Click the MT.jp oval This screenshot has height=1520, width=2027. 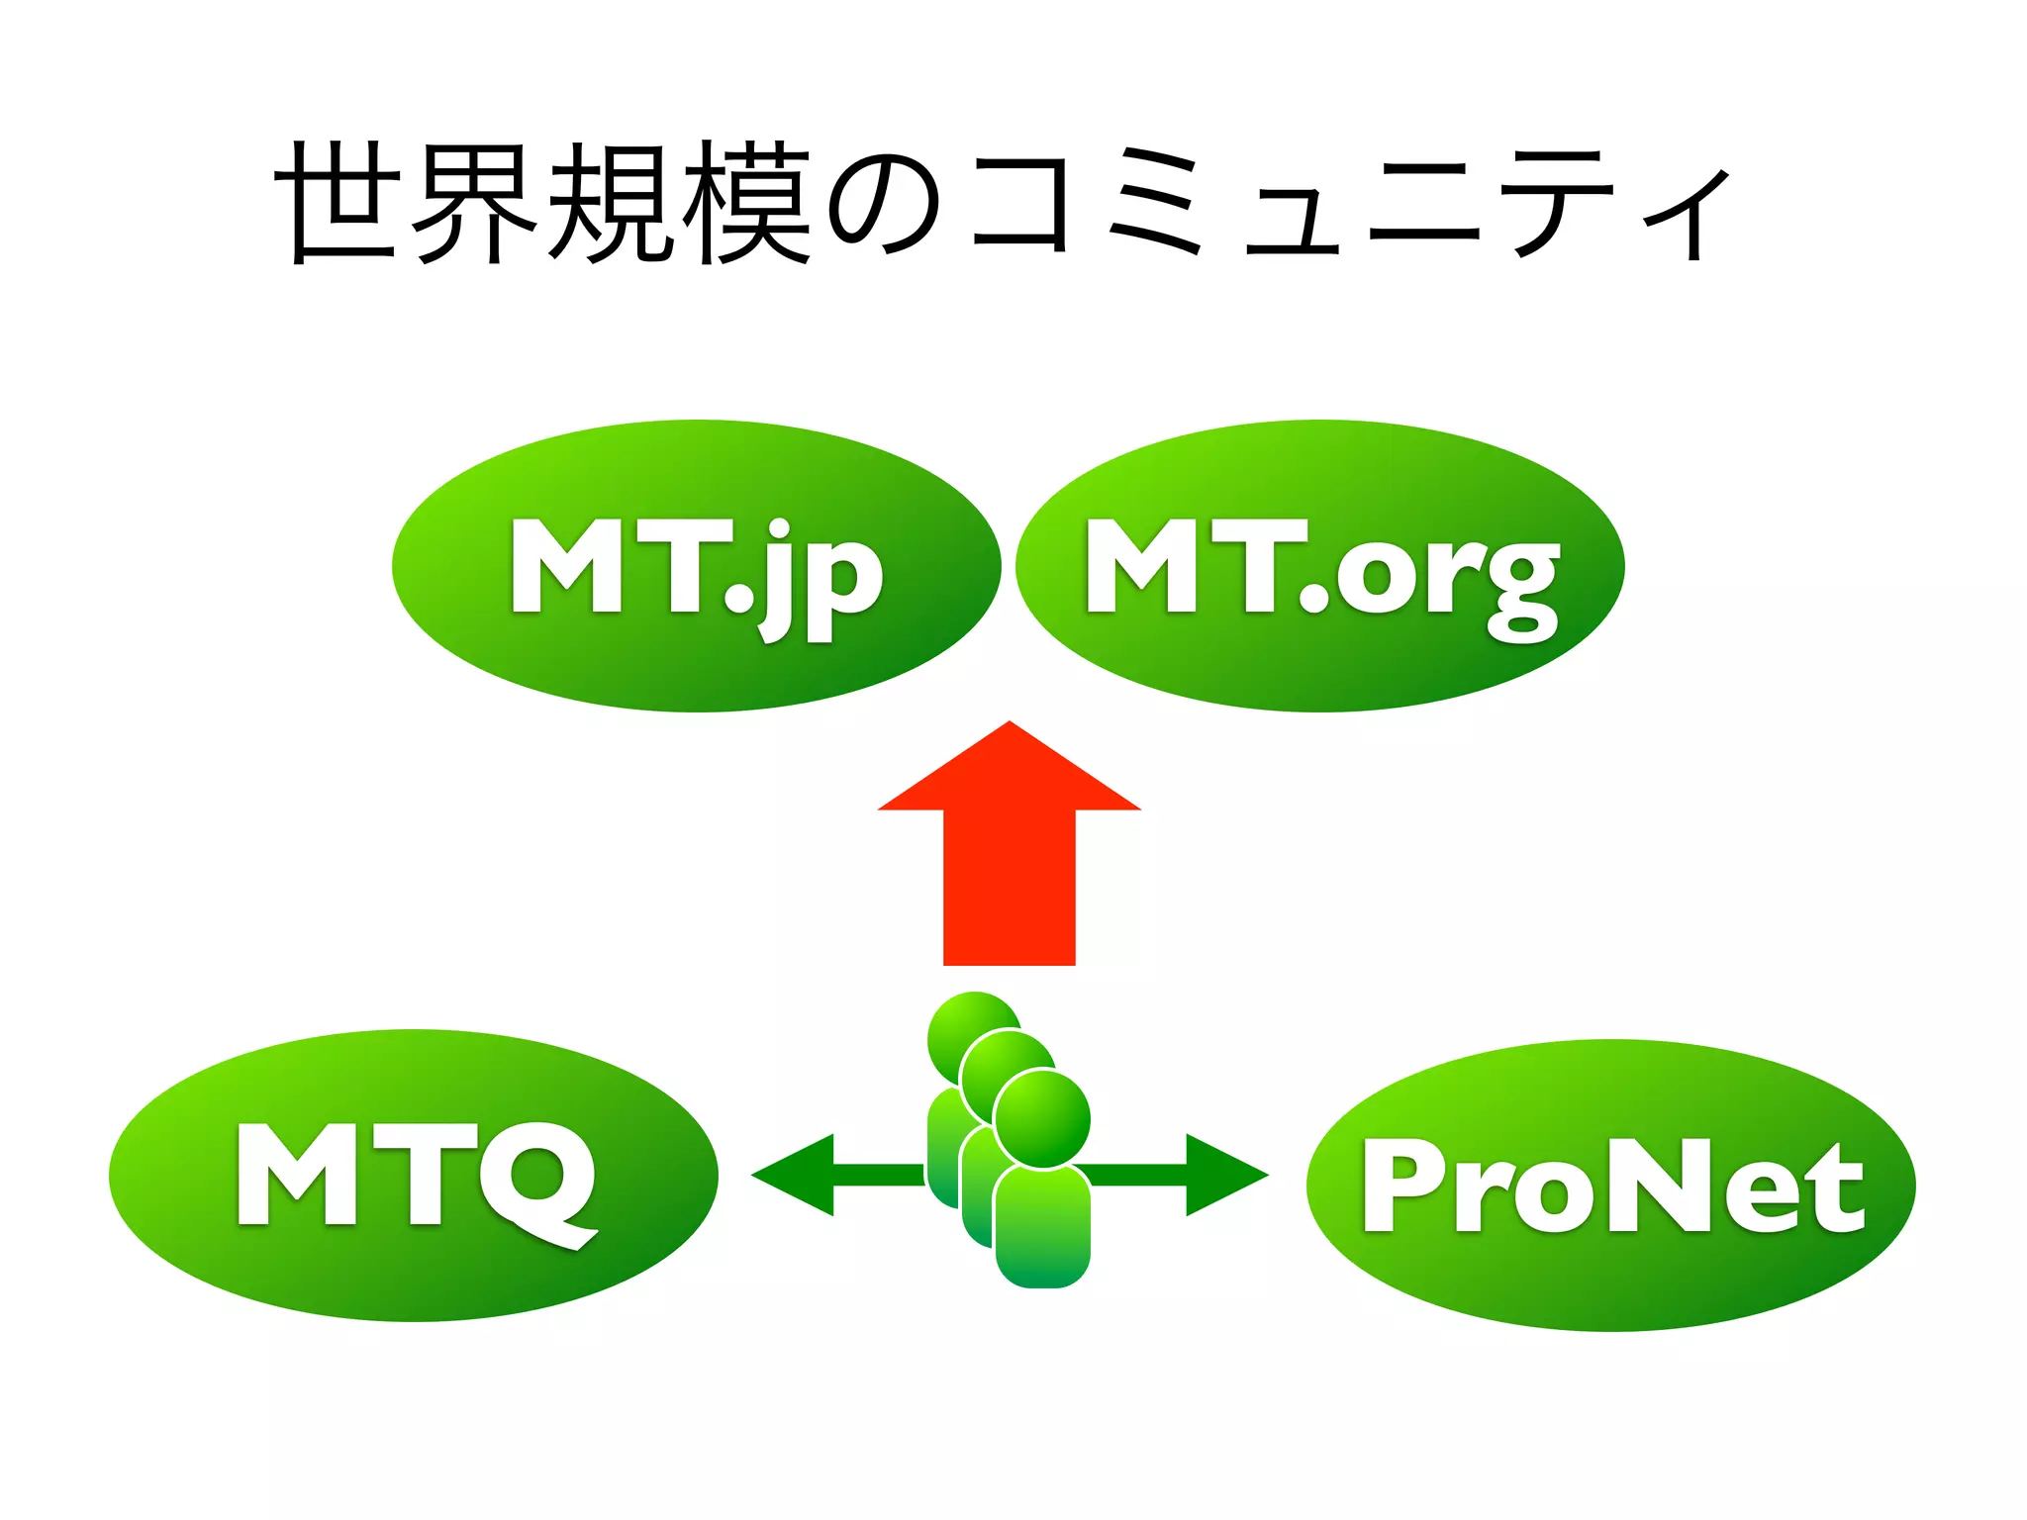(696, 566)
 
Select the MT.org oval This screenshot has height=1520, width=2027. (1319, 566)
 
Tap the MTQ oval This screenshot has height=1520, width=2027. (414, 1176)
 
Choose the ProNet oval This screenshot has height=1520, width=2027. (1610, 1185)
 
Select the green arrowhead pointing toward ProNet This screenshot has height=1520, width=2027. (1225, 1175)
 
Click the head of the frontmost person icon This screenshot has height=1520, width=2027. (1042, 1119)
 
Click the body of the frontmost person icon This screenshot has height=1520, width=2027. (1042, 1227)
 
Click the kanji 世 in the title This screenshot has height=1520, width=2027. (338, 203)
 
